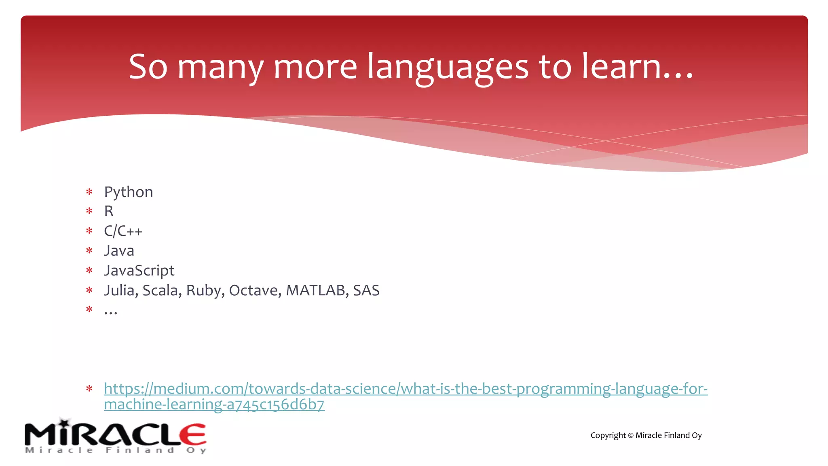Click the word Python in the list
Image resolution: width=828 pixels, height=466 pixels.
pyautogui.click(x=129, y=192)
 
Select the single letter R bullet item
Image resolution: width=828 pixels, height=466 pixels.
pyautogui.click(x=109, y=211)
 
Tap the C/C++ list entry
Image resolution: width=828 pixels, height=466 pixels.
pyautogui.click(x=123, y=231)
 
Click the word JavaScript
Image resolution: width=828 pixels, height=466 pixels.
pyautogui.click(x=139, y=271)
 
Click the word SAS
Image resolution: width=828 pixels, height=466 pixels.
pyautogui.click(x=366, y=290)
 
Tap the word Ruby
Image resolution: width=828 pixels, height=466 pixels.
pyautogui.click(x=203, y=290)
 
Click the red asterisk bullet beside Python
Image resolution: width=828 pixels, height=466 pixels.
pyautogui.click(x=89, y=192)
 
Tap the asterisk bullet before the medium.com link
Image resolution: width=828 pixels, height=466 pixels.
pyautogui.click(x=89, y=389)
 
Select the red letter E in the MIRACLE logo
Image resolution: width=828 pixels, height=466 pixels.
pyautogui.click(x=193, y=434)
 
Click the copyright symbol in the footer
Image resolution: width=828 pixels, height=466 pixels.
pyautogui.click(x=630, y=436)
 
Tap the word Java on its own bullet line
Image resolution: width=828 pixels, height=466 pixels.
pyautogui.click(x=119, y=251)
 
